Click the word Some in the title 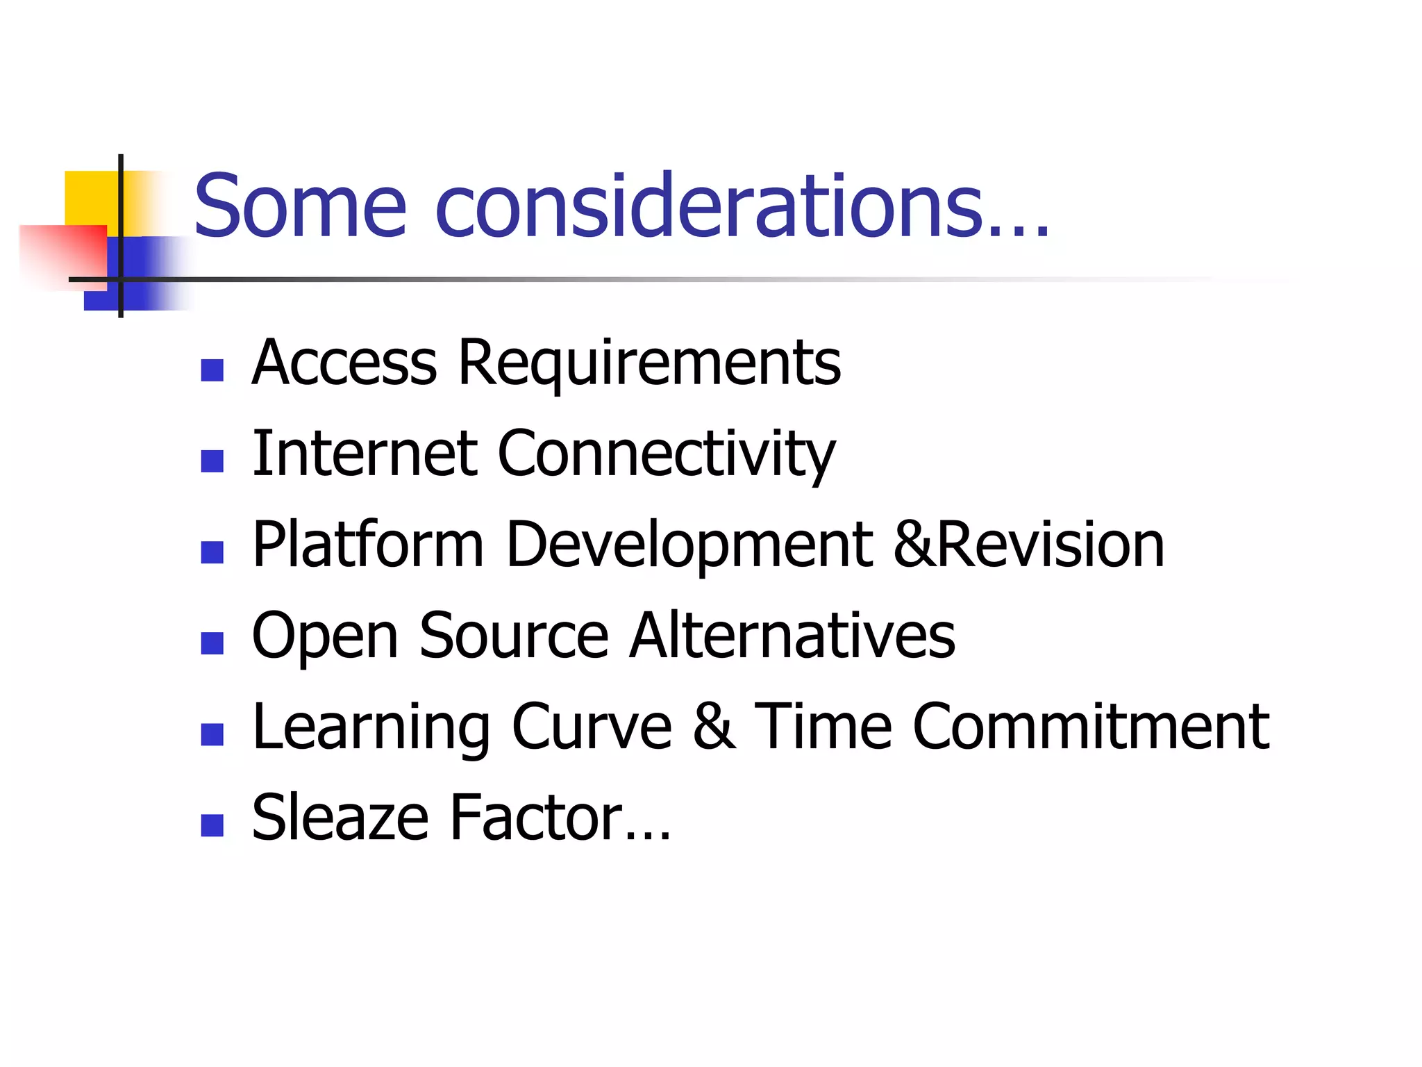coord(300,206)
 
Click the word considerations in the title coord(708,206)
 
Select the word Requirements coord(649,364)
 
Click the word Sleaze coord(340,818)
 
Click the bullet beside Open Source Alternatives coord(212,643)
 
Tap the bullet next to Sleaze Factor coord(212,825)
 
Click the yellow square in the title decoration coord(90,198)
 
